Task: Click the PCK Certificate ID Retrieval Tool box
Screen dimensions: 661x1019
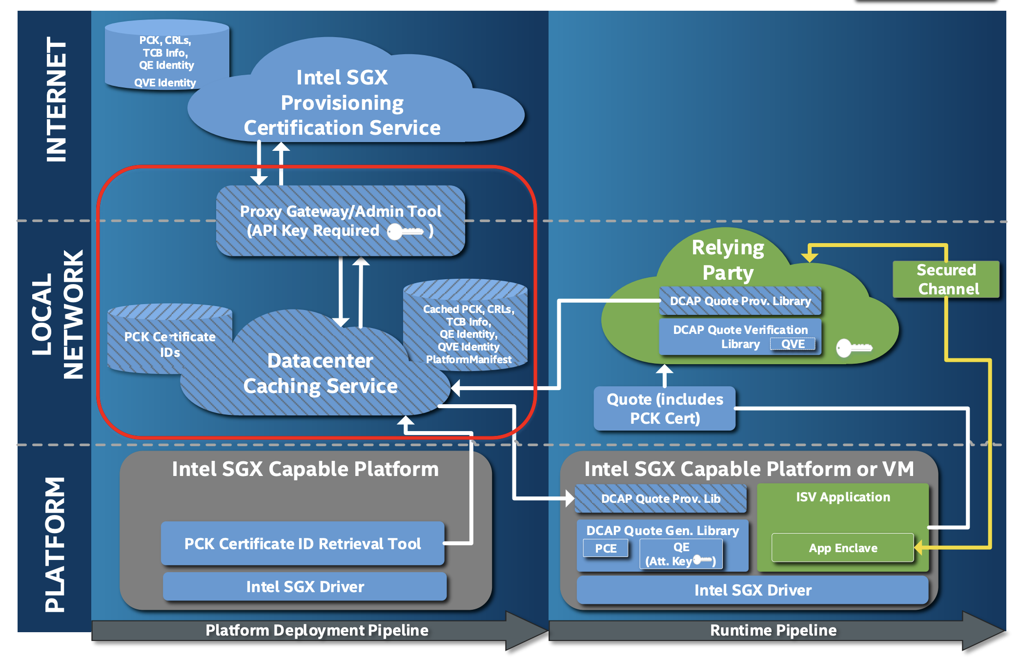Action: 303,543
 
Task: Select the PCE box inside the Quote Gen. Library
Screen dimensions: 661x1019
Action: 606,548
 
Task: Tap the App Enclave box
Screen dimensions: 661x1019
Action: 843,548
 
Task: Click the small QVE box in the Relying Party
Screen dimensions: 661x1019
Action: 793,344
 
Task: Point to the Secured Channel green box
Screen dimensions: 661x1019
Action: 946,279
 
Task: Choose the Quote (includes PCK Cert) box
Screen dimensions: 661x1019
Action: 665,409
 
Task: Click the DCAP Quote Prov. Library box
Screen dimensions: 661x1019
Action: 740,301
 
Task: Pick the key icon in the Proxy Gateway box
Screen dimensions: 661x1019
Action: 405,231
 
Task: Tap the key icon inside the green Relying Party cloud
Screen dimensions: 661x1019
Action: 854,348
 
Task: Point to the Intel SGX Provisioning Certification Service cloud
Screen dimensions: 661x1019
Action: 342,103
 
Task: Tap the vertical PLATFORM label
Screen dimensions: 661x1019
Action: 55,544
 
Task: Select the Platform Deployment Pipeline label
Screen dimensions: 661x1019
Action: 317,630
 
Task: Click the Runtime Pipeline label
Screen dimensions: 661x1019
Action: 773,630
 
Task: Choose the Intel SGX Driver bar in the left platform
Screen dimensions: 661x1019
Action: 305,586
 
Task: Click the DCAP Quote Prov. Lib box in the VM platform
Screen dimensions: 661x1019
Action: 661,498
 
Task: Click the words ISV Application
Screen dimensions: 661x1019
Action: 843,497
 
